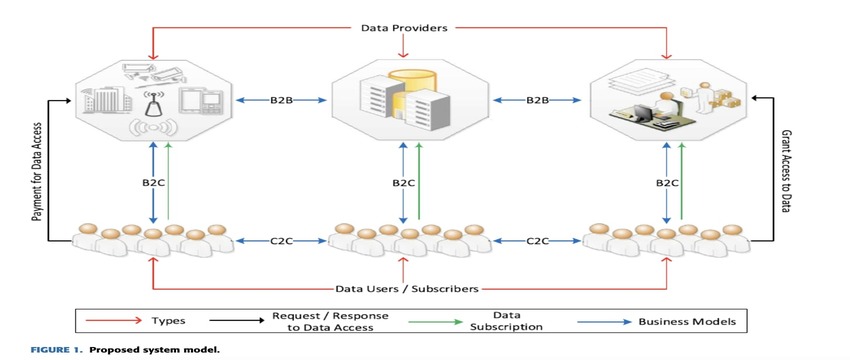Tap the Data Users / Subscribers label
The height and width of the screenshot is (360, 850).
point(403,288)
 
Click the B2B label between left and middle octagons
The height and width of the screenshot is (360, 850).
point(283,100)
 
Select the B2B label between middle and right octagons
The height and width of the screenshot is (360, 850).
point(538,100)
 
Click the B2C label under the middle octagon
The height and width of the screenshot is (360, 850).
point(403,183)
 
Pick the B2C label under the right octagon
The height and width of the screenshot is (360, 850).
point(667,183)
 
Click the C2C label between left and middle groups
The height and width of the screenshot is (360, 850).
point(283,241)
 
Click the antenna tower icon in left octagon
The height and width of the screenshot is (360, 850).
point(153,102)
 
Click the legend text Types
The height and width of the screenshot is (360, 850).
point(167,322)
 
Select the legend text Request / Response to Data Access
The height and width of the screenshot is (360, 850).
point(329,321)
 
